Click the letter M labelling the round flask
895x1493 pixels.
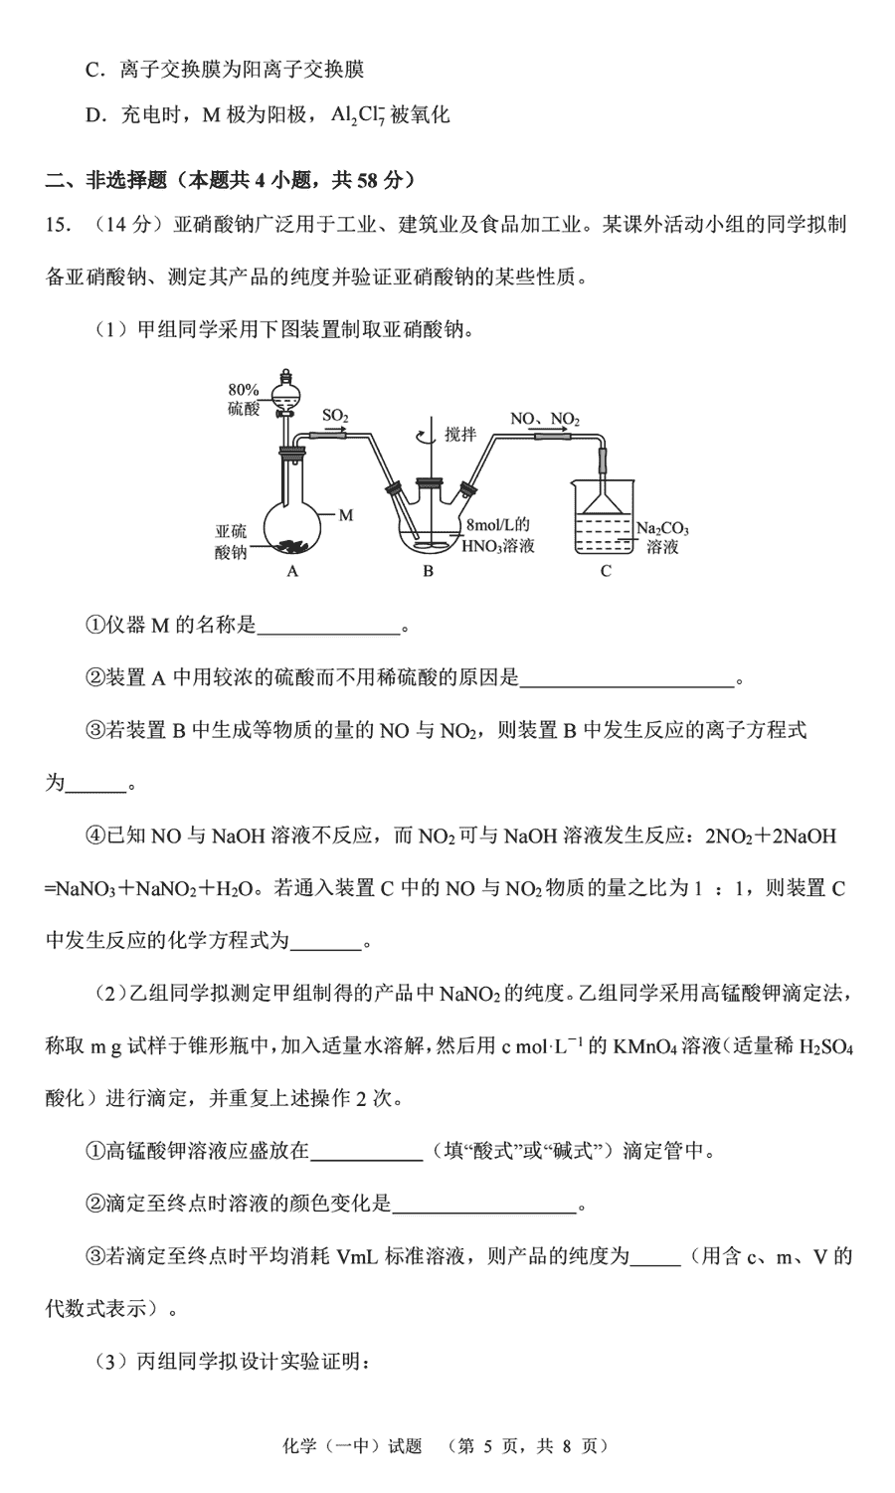[346, 515]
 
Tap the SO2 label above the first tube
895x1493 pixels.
[334, 416]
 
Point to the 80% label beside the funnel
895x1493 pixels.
[244, 390]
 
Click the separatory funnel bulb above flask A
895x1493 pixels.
[286, 392]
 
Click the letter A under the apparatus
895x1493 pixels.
[292, 571]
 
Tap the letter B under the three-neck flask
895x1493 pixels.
[428, 571]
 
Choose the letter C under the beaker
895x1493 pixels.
[606, 571]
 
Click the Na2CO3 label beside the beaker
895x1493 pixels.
[662, 529]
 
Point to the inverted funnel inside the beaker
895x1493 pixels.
[605, 500]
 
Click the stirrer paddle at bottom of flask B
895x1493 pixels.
[430, 543]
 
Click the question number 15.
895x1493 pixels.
[58, 225]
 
